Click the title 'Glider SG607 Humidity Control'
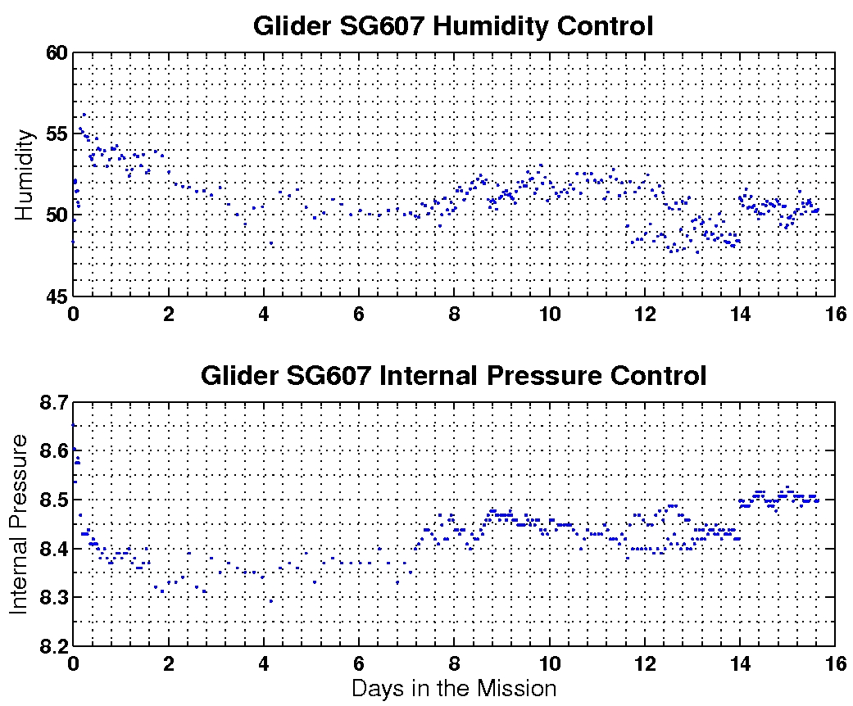pyautogui.click(x=453, y=26)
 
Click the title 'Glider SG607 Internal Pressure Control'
pyautogui.click(x=453, y=376)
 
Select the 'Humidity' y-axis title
pyautogui.click(x=25, y=174)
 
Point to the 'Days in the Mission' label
pyautogui.click(x=453, y=688)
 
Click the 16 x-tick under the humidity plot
pyautogui.click(x=834, y=312)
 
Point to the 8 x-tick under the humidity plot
pyautogui.click(x=454, y=312)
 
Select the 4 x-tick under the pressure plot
pyautogui.click(x=264, y=662)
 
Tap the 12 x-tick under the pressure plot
pyautogui.click(x=644, y=662)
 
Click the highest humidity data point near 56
pyautogui.click(x=84, y=115)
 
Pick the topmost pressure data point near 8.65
pyautogui.click(x=74, y=425)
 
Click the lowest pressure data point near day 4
pyautogui.click(x=271, y=601)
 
